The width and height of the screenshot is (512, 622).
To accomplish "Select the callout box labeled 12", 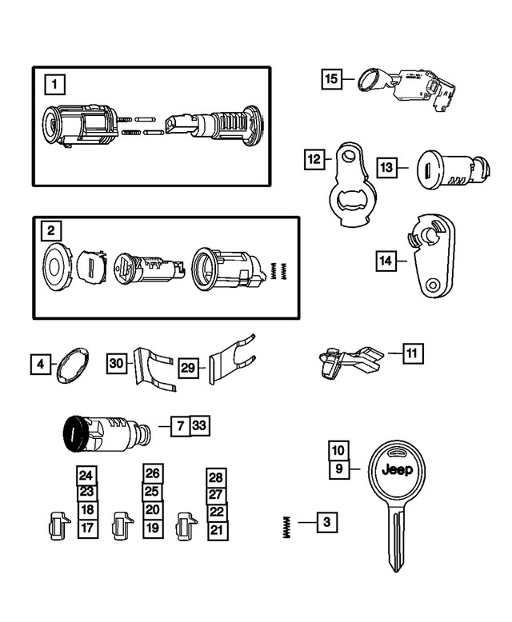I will [314, 159].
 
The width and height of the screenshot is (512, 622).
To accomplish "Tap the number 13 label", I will [387, 167].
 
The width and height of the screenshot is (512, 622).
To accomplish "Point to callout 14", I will [386, 259].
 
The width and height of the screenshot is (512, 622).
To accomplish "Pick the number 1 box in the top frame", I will [52, 83].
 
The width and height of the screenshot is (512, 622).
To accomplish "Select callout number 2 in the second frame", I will [50, 232].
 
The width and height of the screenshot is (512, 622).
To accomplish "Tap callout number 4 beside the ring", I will [39, 365].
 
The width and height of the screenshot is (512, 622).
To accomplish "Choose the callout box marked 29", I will [188, 369].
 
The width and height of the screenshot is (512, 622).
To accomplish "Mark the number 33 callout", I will [200, 426].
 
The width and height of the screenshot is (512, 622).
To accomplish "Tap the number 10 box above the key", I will [338, 450].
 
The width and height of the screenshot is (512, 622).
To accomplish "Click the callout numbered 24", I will [86, 474].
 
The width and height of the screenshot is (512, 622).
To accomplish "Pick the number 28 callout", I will [216, 477].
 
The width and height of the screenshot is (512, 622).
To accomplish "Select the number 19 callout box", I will [153, 528].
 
